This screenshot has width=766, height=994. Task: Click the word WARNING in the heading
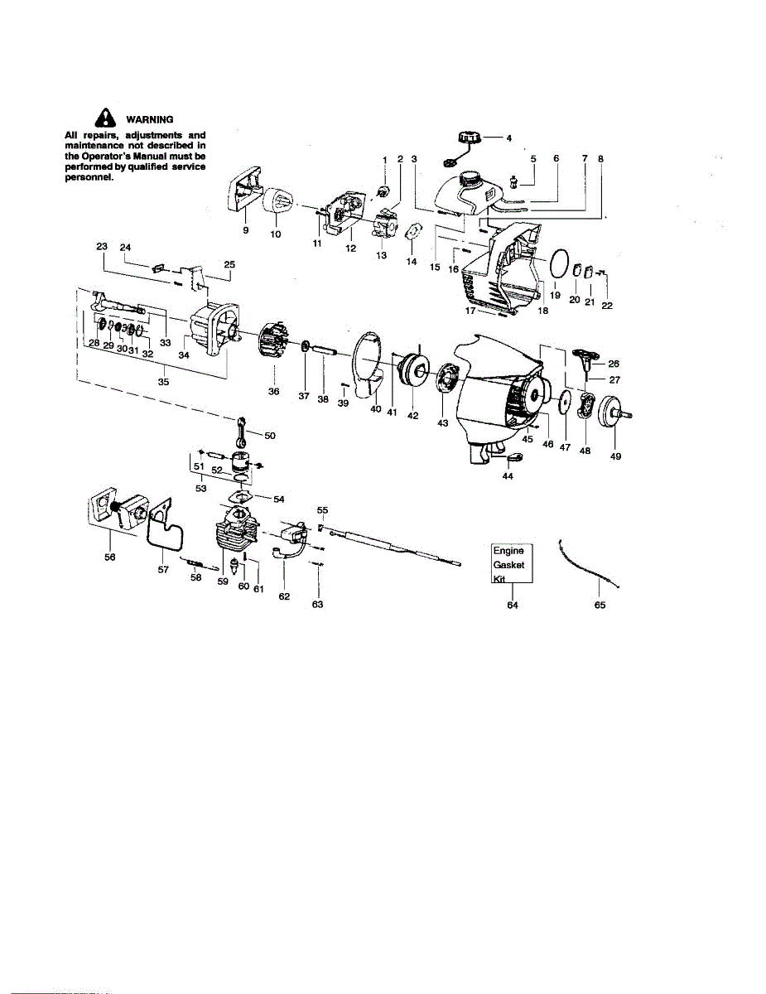point(149,120)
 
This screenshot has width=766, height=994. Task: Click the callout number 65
point(600,606)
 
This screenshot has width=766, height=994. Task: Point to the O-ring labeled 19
point(564,267)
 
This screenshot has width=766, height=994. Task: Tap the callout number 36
point(273,391)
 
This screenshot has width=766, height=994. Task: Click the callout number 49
point(615,456)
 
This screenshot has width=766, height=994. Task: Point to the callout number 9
point(246,231)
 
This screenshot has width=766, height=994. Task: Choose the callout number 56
point(110,557)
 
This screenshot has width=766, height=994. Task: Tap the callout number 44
point(507,476)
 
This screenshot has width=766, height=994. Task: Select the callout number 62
point(284,596)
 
